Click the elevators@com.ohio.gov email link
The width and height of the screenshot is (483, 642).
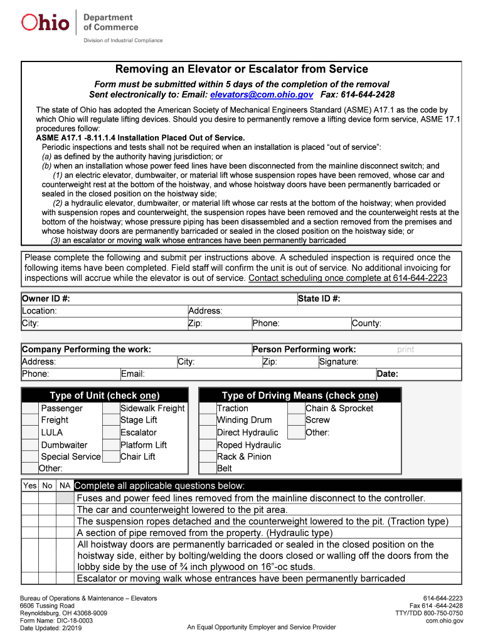pos(261,95)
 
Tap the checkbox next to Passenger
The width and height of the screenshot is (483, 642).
pos(30,408)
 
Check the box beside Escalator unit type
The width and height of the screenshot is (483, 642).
pos(110,433)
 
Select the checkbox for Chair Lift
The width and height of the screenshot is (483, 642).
pos(110,456)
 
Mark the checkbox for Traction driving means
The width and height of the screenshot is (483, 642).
pos(208,408)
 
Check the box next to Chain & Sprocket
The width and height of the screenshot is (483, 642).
pos(296,408)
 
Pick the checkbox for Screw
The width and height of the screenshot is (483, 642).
pos(296,420)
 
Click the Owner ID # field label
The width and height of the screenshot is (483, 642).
pos(46,299)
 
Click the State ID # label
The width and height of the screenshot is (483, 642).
pos(319,299)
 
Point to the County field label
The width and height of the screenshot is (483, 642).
pos(366,324)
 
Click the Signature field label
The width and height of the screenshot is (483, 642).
pos(339,362)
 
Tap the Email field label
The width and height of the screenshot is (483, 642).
pos(133,374)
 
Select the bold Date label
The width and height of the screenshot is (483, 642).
pos(387,374)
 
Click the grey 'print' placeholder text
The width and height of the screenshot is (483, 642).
pos(405,350)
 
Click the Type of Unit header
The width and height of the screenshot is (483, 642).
pos(104,396)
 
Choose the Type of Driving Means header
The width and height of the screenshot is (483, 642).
pos(299,396)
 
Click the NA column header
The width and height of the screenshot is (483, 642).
pos(65,486)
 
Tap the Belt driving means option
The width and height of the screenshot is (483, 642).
pos(225,468)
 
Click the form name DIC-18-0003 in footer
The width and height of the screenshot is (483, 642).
pos(56,620)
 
